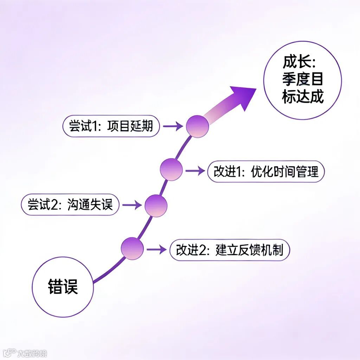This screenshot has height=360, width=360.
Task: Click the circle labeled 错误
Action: (63, 287)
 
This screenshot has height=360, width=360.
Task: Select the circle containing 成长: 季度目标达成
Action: (302, 80)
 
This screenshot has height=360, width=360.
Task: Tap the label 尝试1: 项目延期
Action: (111, 126)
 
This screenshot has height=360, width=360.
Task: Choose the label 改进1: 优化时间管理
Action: (266, 172)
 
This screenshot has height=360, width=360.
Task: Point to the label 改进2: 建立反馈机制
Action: (230, 250)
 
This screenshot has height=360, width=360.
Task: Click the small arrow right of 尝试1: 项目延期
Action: (173, 126)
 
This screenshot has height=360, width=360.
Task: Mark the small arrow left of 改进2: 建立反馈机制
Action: (156, 250)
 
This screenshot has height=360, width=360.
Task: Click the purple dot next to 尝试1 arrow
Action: (197, 126)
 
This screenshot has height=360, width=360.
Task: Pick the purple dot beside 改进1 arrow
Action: (171, 169)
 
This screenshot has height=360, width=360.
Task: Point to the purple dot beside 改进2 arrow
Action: (132, 249)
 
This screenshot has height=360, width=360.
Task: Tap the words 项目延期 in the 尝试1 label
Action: (130, 126)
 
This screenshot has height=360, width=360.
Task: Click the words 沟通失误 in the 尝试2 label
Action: (90, 205)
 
